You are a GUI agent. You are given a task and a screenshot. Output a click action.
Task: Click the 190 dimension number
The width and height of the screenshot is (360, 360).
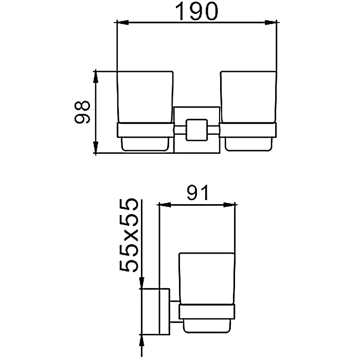196,12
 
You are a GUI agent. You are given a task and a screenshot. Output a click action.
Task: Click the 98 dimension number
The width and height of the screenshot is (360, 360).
82,112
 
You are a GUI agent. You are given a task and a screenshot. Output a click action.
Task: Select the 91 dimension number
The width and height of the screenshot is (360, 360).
197,192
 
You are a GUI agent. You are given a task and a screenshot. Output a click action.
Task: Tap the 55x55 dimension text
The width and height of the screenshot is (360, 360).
129,236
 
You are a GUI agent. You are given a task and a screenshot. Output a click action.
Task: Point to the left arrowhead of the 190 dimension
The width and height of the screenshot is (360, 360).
122,23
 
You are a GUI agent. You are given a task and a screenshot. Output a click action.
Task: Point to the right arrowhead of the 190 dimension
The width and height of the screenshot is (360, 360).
271,23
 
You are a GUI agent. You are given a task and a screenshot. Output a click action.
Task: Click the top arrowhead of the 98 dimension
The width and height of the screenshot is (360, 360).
96,77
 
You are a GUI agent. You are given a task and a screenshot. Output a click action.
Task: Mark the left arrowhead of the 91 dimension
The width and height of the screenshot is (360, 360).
165,205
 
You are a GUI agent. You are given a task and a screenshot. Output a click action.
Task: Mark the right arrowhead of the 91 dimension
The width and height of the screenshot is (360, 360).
229,205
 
